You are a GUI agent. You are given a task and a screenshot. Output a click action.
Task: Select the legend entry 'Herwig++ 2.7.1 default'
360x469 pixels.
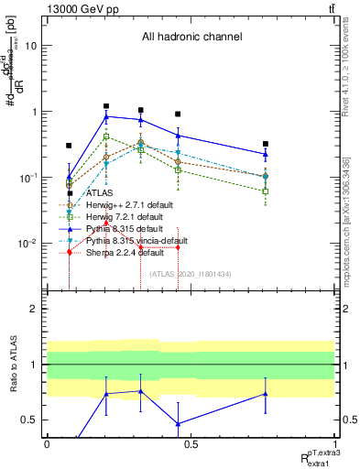click(x=123, y=205)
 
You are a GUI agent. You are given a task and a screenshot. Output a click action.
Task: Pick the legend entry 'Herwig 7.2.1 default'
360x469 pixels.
click(x=118, y=216)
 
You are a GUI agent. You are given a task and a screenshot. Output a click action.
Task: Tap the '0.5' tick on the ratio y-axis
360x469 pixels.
click(x=32, y=420)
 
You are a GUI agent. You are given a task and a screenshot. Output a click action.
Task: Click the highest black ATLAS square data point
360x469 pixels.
click(x=106, y=106)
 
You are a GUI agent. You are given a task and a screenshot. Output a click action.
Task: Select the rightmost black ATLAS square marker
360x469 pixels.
click(x=265, y=144)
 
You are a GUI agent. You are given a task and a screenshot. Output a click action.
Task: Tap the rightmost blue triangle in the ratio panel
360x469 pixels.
click(x=265, y=394)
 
